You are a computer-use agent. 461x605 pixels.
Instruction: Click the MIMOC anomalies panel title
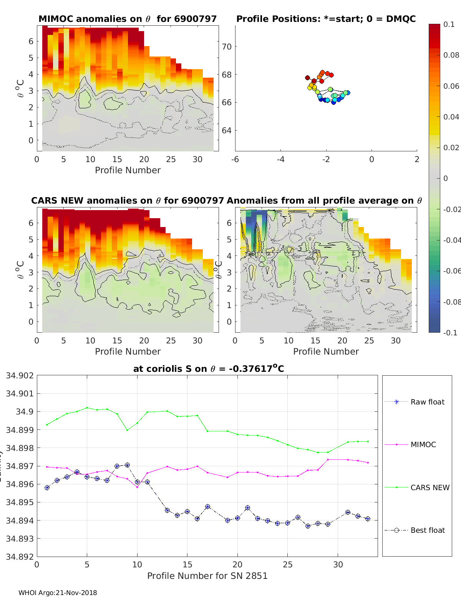coord(128,19)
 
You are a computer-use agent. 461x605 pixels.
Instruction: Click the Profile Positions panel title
coord(326,19)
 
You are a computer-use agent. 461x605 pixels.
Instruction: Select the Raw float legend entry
coord(427,402)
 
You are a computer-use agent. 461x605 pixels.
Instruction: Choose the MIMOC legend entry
coord(423,444)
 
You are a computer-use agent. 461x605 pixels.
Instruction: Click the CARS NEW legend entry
coord(429,487)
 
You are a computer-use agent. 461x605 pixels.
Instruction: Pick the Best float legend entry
coord(427,530)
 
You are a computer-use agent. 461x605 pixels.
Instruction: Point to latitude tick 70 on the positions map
coord(227,46)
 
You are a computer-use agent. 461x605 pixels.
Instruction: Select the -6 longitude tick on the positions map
coord(235,159)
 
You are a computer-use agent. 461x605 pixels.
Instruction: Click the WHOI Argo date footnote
coord(58,593)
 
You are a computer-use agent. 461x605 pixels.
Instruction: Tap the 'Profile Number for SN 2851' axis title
coord(207,576)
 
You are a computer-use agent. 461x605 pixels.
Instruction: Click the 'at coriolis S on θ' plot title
coord(209,369)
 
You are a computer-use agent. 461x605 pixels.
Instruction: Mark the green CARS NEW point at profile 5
coord(87,408)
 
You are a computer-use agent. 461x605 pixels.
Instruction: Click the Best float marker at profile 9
coord(127,465)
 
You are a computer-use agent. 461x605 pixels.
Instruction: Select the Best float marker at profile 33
coord(368,519)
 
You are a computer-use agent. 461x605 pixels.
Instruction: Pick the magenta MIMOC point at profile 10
coord(137,487)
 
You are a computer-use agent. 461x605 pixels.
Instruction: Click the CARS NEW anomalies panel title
coord(128,201)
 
